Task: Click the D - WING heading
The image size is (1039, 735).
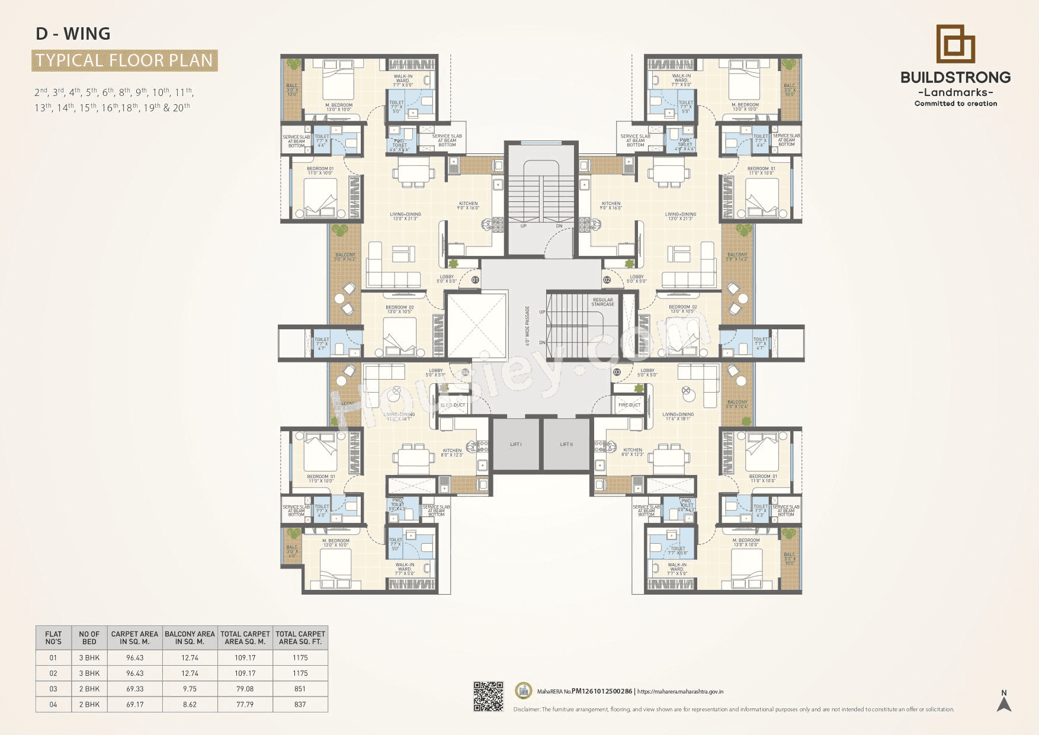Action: [x=73, y=34]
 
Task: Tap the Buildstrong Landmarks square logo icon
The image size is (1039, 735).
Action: [x=955, y=44]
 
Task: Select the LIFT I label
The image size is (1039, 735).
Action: [x=516, y=444]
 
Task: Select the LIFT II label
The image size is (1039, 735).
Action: [x=566, y=444]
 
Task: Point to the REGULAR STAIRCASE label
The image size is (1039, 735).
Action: [x=602, y=302]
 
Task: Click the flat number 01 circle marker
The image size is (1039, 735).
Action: [x=475, y=280]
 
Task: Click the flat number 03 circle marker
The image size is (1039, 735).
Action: [x=617, y=372]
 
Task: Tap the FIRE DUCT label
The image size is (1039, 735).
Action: [x=629, y=405]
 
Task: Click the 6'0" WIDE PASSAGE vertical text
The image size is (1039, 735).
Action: [x=527, y=326]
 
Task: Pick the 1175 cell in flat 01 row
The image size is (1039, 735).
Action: [x=300, y=657]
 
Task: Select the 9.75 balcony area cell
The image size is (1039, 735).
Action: [x=190, y=689]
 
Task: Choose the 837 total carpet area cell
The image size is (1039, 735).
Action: [x=300, y=704]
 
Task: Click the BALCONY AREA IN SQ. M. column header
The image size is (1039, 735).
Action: [x=190, y=637]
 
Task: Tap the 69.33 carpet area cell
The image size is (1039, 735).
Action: [x=134, y=689]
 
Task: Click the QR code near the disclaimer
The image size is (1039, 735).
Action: [x=488, y=697]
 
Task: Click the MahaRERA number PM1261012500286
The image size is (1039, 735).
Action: [x=601, y=691]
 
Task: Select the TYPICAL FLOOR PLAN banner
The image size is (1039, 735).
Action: [x=124, y=60]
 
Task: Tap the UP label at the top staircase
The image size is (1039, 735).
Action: [x=523, y=226]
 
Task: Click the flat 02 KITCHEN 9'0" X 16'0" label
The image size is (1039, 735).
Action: [x=611, y=206]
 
